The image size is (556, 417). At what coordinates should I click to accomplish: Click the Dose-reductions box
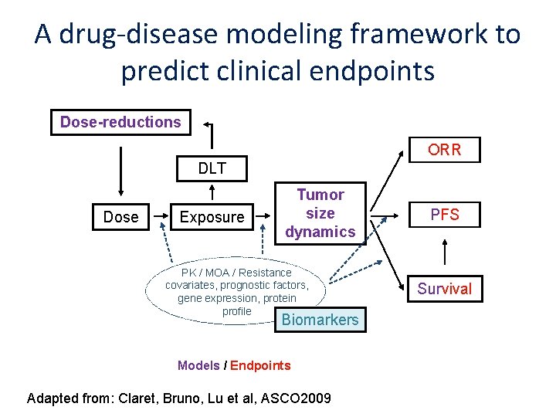point(120,122)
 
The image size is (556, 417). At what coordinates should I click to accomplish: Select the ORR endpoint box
point(444,150)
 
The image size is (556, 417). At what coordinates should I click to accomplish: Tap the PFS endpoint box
point(444,215)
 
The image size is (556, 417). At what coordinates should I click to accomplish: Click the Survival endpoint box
point(444,289)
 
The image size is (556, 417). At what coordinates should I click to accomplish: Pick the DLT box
point(212,168)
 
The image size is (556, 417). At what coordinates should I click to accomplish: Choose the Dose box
point(120,218)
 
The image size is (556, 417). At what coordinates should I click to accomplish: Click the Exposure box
point(212,218)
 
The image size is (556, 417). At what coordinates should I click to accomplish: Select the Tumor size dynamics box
point(320,213)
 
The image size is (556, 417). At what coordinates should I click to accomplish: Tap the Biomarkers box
point(320,320)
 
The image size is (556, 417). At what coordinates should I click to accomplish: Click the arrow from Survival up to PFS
point(444,253)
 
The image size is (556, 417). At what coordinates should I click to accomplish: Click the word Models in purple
point(198,365)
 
